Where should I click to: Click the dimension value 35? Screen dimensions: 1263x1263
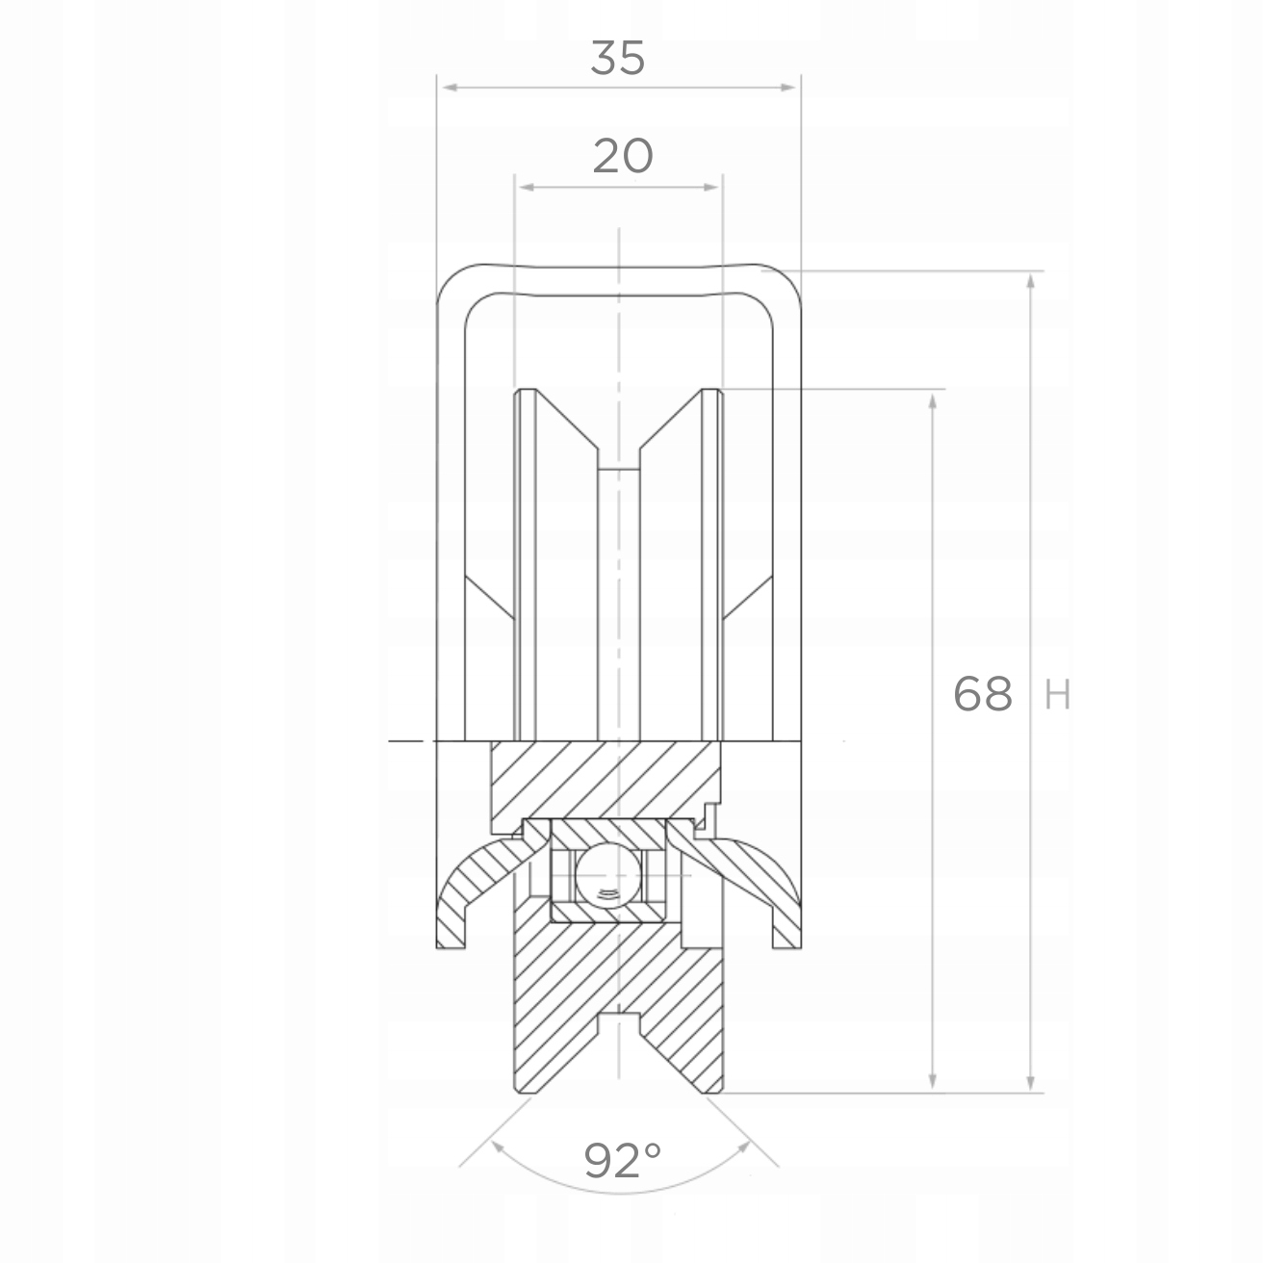coord(617,60)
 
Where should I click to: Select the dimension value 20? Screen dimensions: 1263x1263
coord(622,156)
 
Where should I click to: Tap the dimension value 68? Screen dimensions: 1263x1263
coord(982,693)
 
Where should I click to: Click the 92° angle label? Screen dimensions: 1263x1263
coord(623,1161)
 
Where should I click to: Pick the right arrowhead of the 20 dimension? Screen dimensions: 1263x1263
coord(711,186)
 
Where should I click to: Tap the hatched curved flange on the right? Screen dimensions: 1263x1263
coord(760,878)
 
